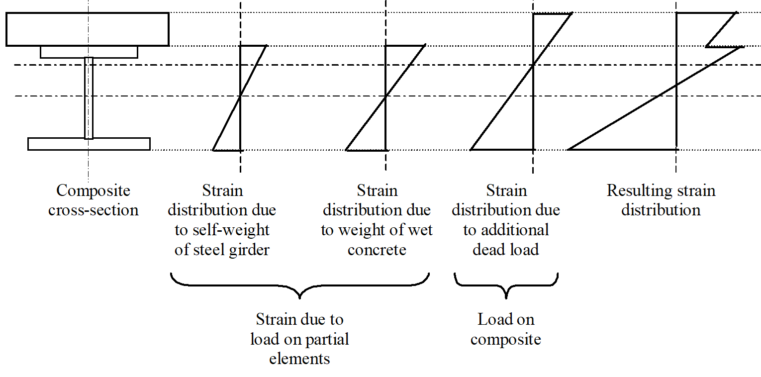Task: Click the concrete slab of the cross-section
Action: pyautogui.click(x=88, y=29)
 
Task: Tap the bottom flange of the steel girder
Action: pyautogui.click(x=89, y=144)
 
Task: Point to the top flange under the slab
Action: pyautogui.click(x=89, y=52)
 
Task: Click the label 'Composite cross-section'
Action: pyautogui.click(x=93, y=200)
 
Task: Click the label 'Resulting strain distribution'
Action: pyautogui.click(x=661, y=200)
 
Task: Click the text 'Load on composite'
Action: pyautogui.click(x=506, y=329)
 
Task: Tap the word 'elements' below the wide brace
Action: pyautogui.click(x=299, y=358)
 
